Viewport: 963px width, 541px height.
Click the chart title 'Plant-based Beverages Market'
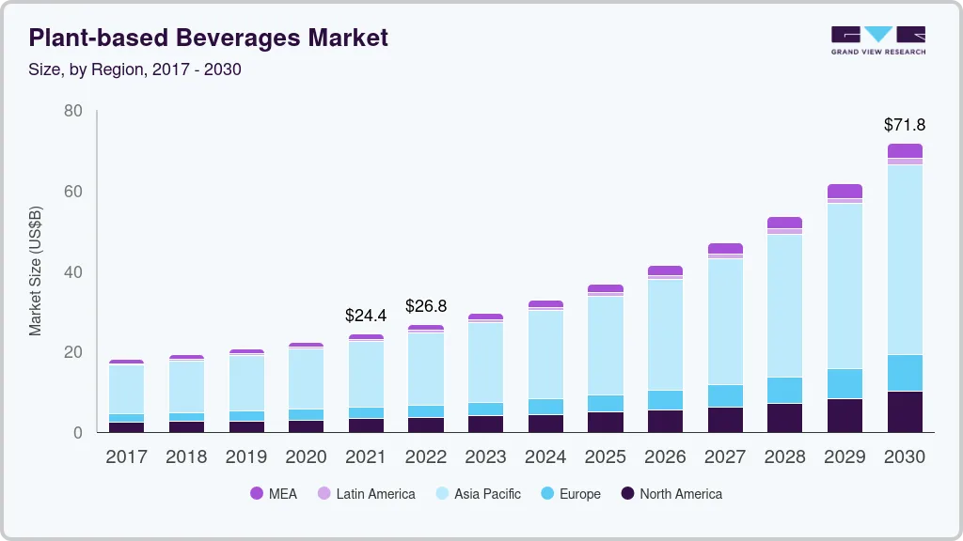[208, 39]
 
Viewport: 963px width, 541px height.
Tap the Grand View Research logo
[877, 39]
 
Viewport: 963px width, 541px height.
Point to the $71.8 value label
[905, 124]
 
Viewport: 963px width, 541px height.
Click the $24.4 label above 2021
[366, 315]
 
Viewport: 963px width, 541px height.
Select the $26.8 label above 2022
[425, 306]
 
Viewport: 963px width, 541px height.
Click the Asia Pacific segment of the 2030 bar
[905, 258]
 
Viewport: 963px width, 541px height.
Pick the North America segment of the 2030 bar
[905, 411]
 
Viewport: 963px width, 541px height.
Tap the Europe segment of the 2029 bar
[845, 383]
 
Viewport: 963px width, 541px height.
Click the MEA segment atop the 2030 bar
[905, 150]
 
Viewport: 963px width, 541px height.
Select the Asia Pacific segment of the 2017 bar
[126, 389]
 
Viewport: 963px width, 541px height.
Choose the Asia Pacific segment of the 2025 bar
[606, 345]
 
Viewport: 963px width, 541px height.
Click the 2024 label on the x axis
[545, 457]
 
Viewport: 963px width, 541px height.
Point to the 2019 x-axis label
[246, 457]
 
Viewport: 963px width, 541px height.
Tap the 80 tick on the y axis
[73, 111]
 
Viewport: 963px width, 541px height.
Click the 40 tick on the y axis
[73, 272]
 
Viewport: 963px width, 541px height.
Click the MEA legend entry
[274, 493]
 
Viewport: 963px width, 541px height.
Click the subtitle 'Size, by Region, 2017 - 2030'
[134, 70]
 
